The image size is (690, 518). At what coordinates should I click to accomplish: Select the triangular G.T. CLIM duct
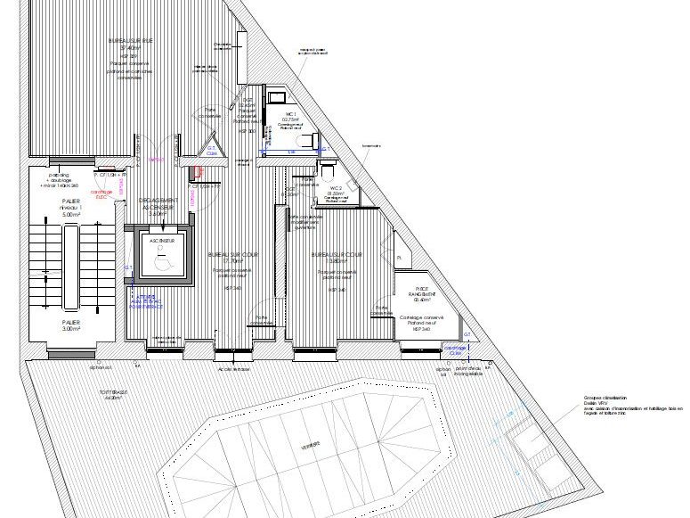click(x=211, y=151)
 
